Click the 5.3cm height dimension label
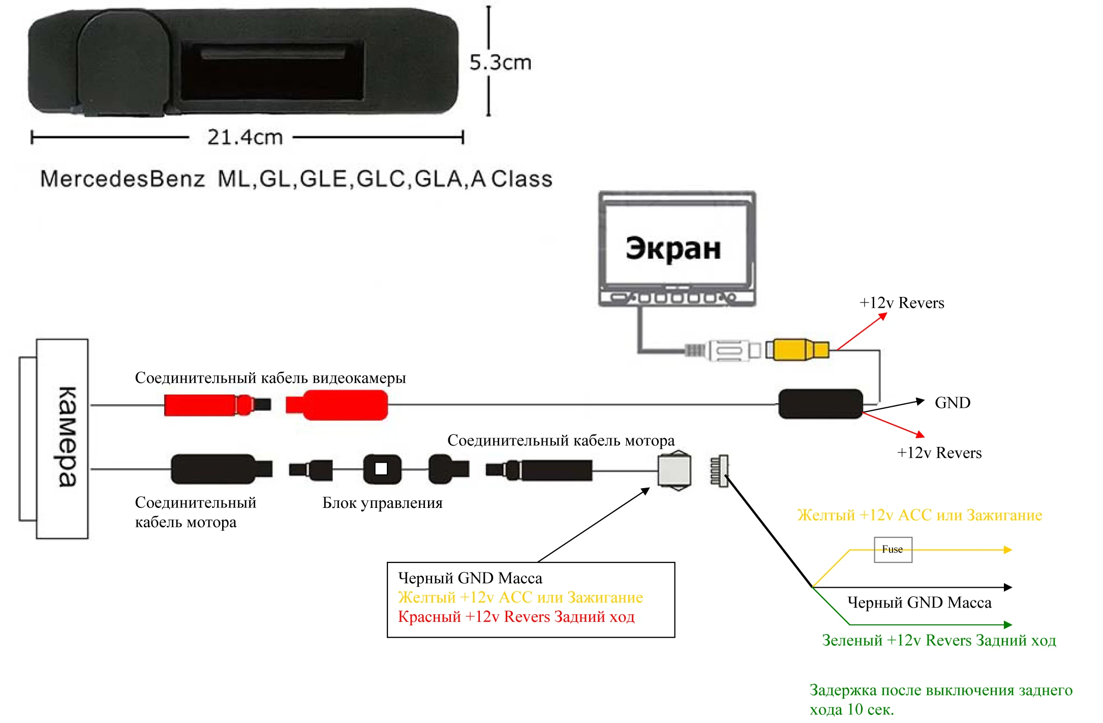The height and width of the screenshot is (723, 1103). point(500,63)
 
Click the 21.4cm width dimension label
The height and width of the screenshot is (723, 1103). point(244,137)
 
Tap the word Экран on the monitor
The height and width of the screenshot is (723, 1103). point(673,248)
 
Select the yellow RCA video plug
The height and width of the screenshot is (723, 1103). point(798,350)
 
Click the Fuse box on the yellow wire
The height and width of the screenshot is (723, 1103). point(893,550)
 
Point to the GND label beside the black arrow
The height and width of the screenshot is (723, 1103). point(953,403)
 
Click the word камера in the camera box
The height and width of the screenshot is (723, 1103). point(68,437)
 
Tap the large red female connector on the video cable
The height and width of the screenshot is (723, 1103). point(336,405)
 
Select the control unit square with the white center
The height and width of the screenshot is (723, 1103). point(382,469)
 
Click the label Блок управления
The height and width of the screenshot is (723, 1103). point(382,503)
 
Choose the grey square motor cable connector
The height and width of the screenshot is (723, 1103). point(675,470)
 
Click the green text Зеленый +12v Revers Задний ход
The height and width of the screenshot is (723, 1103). point(939,640)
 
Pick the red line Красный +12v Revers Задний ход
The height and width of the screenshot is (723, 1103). point(516,617)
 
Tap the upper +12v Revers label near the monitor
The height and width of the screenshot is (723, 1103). point(902,303)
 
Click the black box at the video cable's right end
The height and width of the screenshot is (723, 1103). point(820,404)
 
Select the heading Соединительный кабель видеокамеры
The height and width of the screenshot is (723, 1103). point(270,378)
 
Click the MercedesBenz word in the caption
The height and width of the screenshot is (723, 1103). point(122,179)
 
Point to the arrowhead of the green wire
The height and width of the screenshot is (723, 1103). point(1008,624)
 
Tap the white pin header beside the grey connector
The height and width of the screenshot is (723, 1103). point(719,471)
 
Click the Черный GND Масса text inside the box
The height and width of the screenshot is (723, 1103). point(470,578)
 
